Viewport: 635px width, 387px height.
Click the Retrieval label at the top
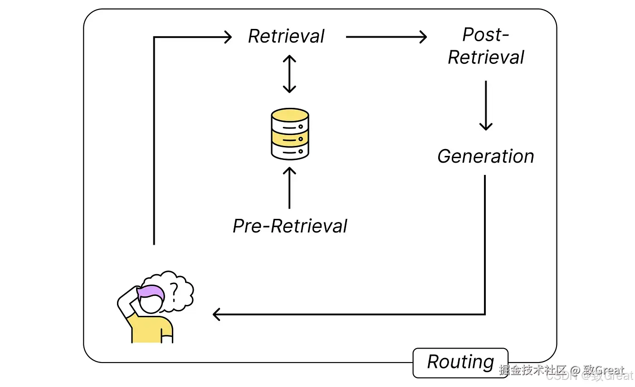286,37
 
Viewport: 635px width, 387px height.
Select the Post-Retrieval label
486,46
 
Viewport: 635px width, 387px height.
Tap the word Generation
486,156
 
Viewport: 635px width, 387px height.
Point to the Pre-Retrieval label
290,226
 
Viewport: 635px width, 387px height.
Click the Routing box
460,363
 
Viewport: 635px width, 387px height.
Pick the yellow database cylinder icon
290,134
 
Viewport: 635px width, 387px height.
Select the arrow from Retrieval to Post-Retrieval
386,37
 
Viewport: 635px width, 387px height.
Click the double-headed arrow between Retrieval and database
289,74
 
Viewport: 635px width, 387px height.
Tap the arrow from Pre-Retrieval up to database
289,188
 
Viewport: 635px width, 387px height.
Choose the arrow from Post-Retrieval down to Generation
486,105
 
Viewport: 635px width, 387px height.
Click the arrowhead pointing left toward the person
217,314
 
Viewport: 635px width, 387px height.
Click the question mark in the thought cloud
174,290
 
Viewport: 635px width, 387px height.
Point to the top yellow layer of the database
290,116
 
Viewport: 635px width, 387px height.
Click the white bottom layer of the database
290,151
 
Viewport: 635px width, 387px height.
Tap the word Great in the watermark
610,370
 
